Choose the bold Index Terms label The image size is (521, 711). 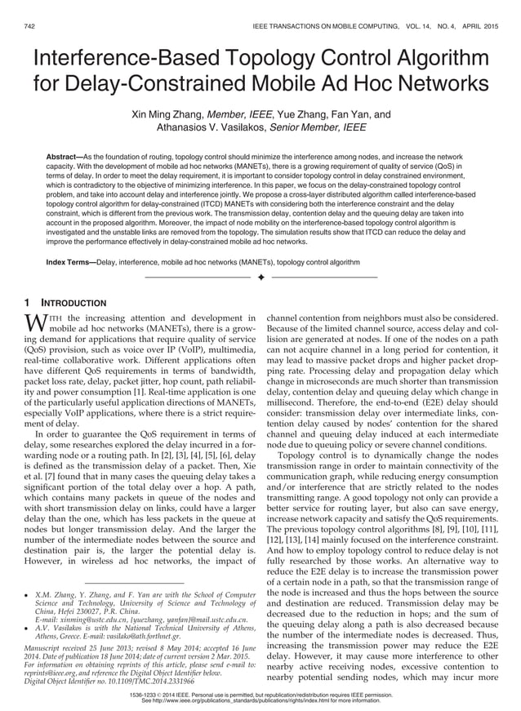pyautogui.click(x=69, y=262)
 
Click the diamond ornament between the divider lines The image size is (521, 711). pyautogui.click(x=260, y=279)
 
